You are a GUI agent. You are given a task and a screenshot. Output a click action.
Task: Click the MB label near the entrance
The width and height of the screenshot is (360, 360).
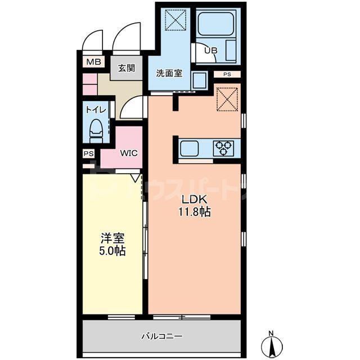93,62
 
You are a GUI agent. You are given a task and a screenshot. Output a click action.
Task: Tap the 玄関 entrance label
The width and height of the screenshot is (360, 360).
127,69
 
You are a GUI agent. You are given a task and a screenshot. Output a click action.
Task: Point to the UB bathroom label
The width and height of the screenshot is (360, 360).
210,51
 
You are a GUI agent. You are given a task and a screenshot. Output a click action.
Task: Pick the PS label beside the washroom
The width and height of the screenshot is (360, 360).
227,74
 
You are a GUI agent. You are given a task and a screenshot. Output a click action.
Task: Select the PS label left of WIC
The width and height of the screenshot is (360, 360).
88,153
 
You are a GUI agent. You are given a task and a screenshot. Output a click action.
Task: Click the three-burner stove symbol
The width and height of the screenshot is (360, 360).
223,148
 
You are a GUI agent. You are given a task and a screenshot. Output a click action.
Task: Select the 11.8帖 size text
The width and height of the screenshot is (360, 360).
195,213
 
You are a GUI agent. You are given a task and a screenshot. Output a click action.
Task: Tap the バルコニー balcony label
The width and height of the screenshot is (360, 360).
162,336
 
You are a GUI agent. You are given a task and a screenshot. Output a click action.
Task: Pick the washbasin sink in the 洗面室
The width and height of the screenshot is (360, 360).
199,80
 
